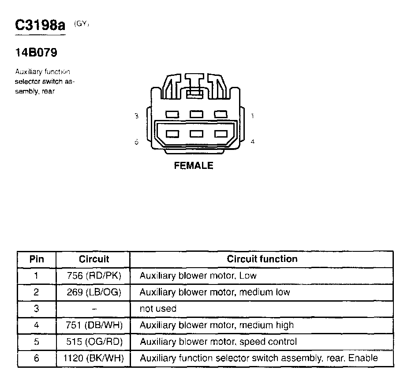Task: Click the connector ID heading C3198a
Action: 40,26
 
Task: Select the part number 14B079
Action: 36,53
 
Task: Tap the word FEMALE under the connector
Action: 194,166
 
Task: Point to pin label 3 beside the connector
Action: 137,116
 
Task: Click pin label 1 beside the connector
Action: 252,116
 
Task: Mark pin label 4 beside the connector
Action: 252,142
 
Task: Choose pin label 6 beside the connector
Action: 137,142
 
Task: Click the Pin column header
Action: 37,259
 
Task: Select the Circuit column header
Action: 94,259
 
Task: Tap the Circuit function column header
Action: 262,259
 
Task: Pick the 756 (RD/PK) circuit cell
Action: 94,276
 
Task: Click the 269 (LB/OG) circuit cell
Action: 94,292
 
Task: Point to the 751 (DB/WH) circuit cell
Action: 94,325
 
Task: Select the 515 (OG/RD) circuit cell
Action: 94,342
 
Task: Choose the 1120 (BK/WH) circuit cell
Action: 94,359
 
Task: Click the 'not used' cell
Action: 158,309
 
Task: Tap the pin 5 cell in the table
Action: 37,342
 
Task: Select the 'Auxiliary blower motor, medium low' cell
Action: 215,292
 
